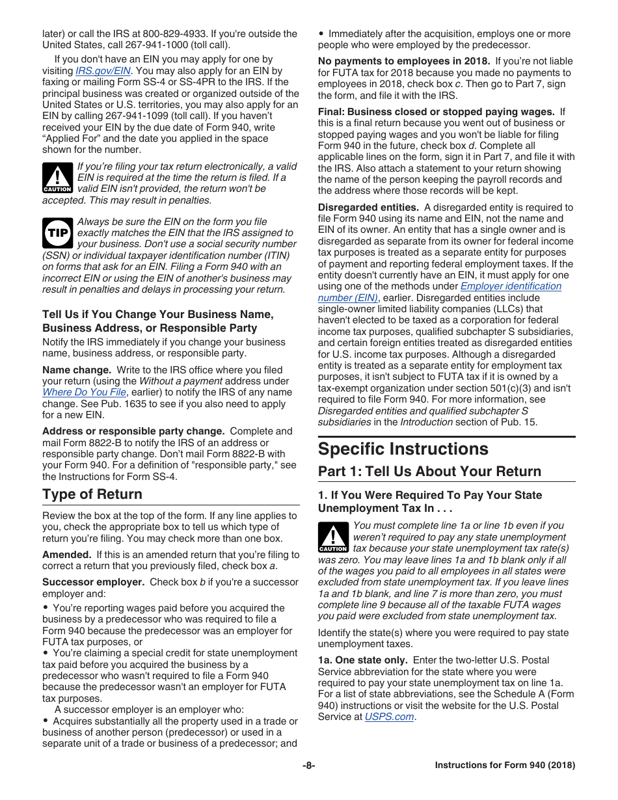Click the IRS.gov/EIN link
tap(103, 71)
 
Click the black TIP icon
tap(57, 233)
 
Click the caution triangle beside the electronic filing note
tap(57, 178)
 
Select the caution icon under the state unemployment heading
tap(333, 537)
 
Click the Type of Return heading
tap(92, 494)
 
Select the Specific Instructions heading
tap(403, 449)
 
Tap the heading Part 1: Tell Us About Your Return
tap(429, 472)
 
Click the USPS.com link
tap(389, 717)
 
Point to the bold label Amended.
tap(66, 555)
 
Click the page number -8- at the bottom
tap(308, 766)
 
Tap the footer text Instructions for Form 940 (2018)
tap(505, 766)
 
